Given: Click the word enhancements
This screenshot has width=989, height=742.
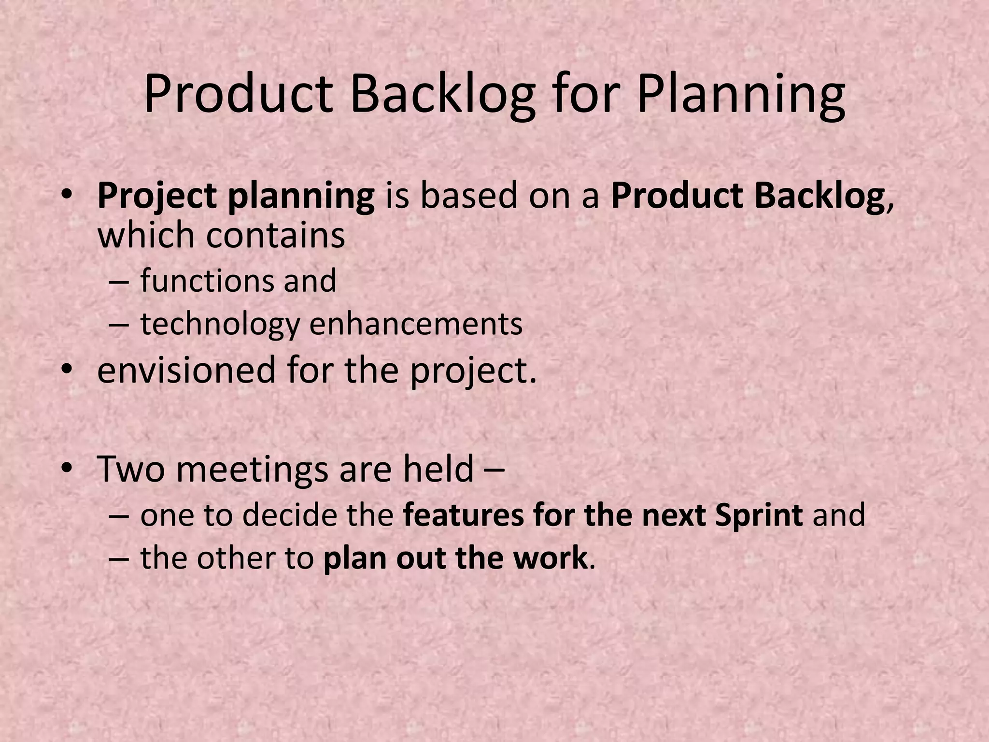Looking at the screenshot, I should [x=416, y=324].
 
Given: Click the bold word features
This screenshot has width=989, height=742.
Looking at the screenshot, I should [x=463, y=515].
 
